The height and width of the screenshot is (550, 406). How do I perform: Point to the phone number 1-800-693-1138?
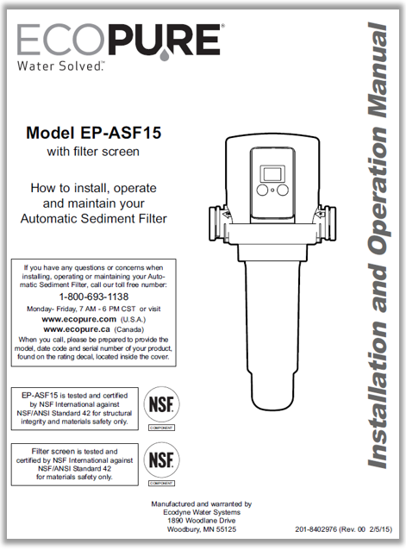point(94,295)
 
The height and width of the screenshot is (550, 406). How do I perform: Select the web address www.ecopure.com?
point(78,318)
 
